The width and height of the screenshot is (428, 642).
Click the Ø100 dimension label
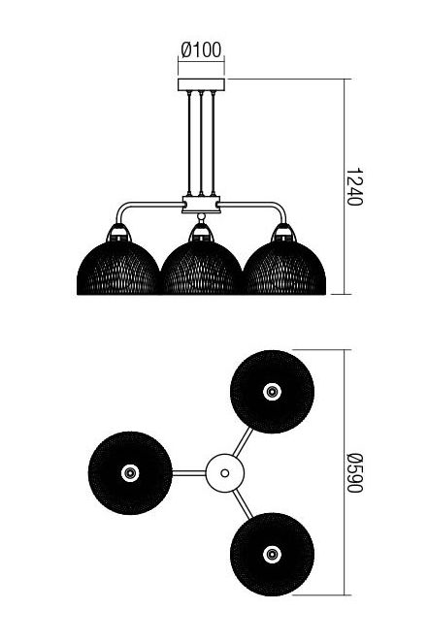pos(201,50)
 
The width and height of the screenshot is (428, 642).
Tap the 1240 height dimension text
pos(354,187)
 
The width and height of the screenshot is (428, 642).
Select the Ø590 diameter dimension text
pos(354,473)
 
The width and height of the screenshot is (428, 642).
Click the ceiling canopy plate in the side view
pos(201,84)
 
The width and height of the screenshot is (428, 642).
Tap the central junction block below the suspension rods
pos(201,205)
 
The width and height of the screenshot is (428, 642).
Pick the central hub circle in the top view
pos(225,473)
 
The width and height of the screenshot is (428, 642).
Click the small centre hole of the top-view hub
pos(225,473)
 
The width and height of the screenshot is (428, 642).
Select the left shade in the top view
pos(130,473)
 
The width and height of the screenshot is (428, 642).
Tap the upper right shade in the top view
pos(273,392)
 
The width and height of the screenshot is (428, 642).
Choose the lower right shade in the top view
pos(273,555)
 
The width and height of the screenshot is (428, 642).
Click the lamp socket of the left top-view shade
pos(130,473)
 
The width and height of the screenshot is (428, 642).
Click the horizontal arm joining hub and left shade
pos(189,473)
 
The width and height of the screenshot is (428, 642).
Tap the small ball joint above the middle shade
pos(201,216)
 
